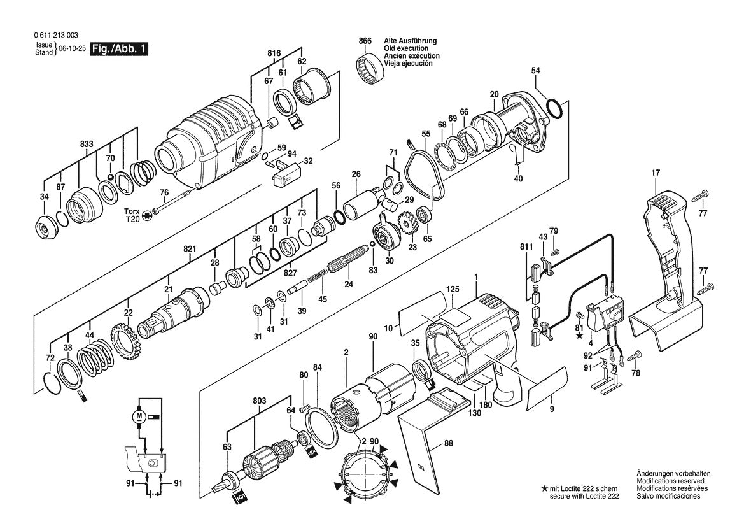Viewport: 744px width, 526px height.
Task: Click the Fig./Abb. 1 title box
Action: click(x=120, y=49)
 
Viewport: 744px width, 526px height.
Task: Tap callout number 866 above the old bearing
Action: click(x=365, y=41)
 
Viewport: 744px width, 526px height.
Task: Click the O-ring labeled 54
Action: click(x=554, y=109)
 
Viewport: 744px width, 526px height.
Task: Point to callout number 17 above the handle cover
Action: click(x=655, y=173)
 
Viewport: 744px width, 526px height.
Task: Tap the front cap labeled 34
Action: click(x=44, y=225)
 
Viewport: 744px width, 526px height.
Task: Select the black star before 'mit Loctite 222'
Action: click(x=544, y=488)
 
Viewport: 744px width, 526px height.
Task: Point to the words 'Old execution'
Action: click(x=405, y=48)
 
